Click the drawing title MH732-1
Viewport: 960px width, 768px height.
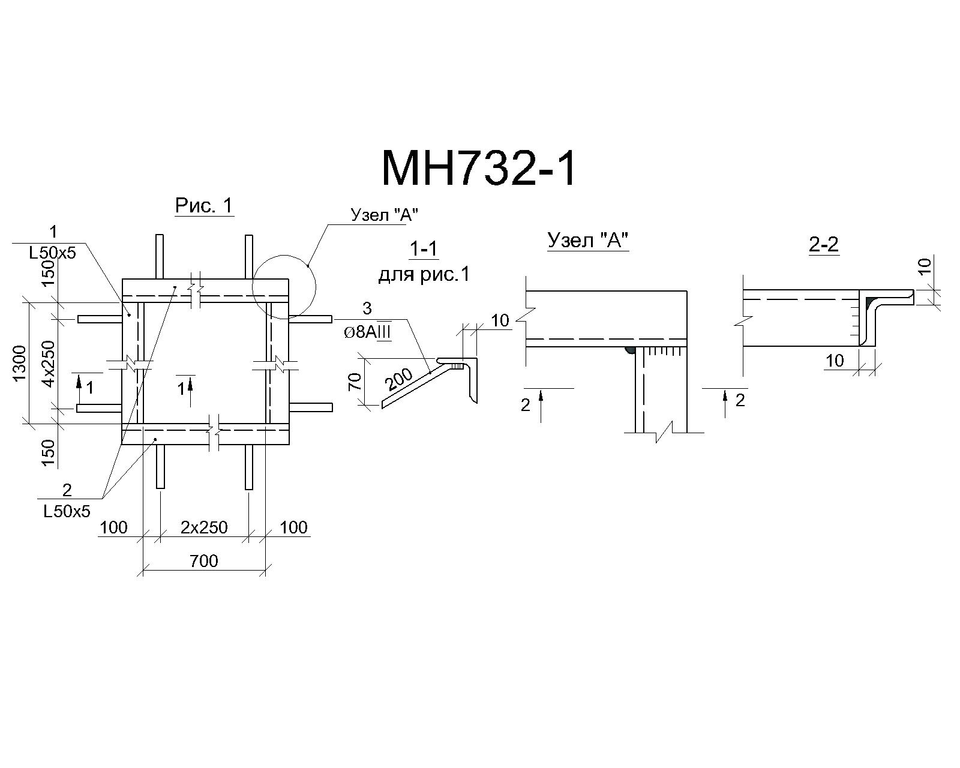[x=479, y=169]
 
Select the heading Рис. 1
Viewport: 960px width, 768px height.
[x=204, y=206]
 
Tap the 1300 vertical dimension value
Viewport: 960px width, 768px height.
[x=20, y=363]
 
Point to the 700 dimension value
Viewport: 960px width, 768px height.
[x=204, y=560]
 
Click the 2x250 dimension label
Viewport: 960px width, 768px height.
[x=204, y=527]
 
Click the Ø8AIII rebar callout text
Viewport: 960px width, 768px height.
[x=368, y=332]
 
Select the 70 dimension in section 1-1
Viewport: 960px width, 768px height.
[x=355, y=382]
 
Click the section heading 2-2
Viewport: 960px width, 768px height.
[x=823, y=244]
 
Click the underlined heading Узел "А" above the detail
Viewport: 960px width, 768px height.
[x=588, y=241]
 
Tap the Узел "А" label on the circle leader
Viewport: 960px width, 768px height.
[x=384, y=215]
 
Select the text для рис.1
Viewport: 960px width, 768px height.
[x=424, y=274]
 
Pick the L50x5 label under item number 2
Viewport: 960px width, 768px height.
[x=67, y=511]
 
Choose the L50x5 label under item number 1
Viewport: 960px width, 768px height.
[x=53, y=253]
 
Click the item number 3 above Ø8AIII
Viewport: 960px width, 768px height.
[x=367, y=308]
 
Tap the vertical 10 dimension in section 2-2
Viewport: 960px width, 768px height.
[x=925, y=266]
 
